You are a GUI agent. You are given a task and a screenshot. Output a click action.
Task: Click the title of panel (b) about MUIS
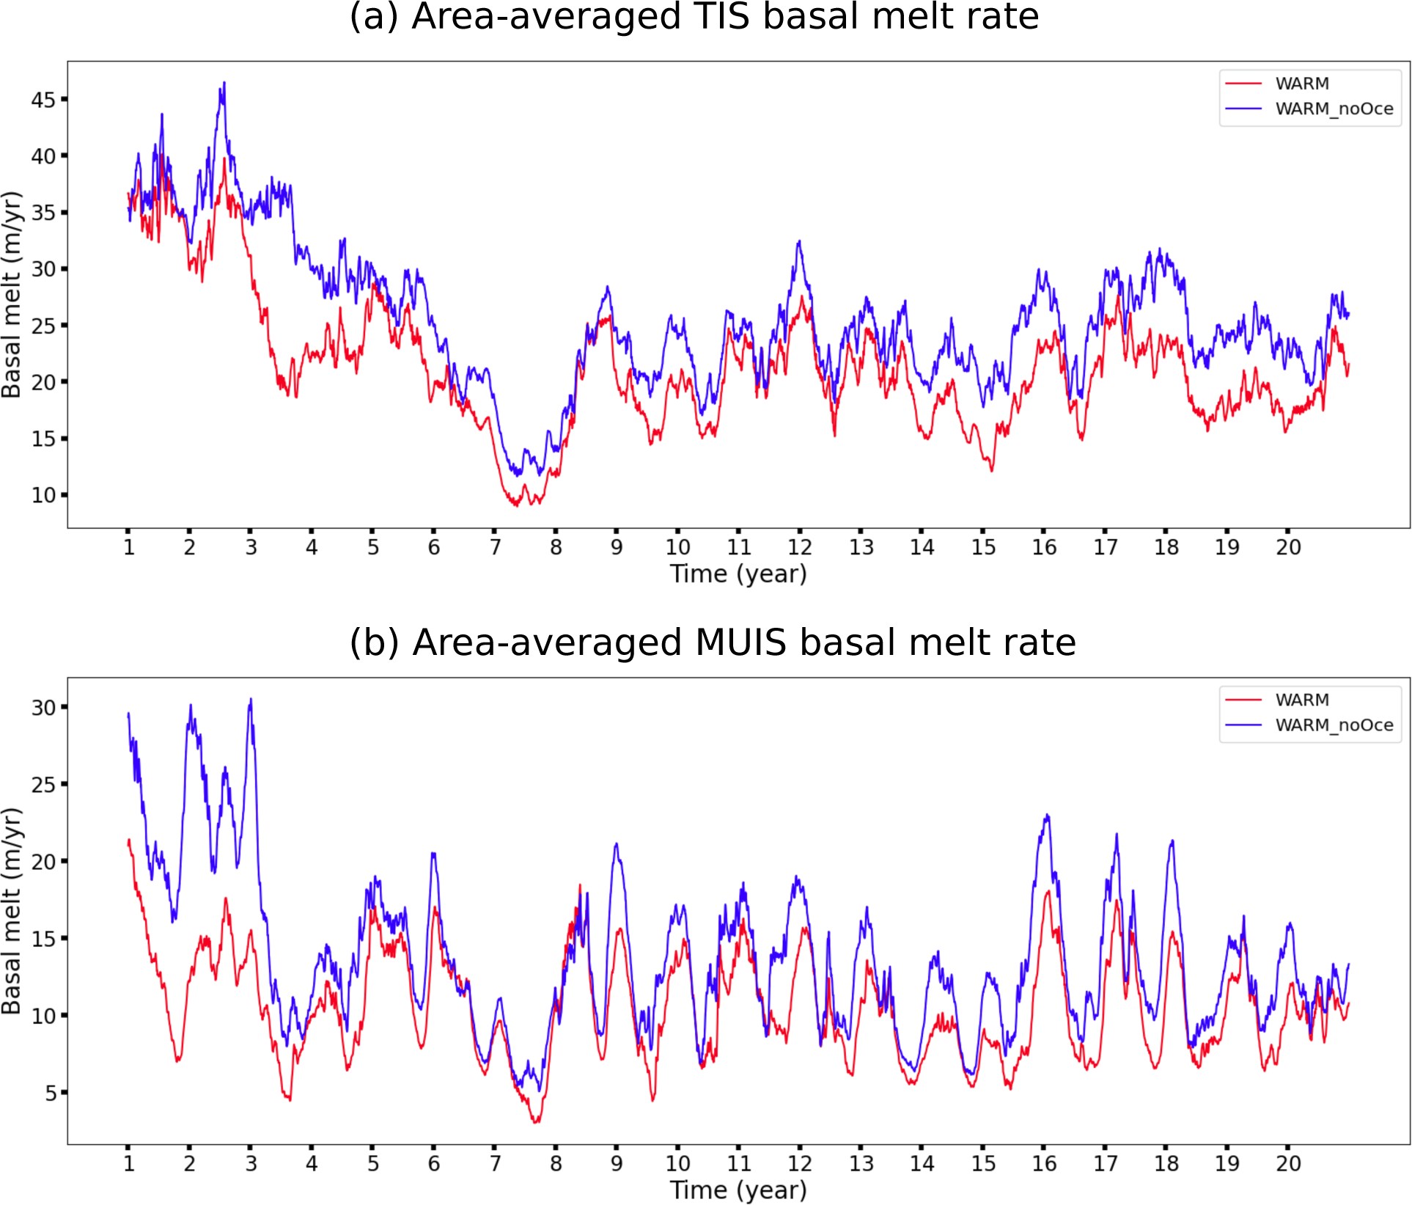(x=712, y=642)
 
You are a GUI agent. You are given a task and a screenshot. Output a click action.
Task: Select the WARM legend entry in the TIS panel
(x=1301, y=84)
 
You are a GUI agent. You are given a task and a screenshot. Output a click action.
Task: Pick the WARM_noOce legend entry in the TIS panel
(x=1334, y=109)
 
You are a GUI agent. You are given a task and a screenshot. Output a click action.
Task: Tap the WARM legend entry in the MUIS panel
(x=1301, y=700)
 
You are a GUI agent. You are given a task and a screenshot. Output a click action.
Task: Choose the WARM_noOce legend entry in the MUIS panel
(x=1334, y=725)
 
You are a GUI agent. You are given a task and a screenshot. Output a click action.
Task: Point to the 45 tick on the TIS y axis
(x=43, y=99)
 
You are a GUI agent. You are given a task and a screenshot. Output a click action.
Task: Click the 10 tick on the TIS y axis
(x=43, y=495)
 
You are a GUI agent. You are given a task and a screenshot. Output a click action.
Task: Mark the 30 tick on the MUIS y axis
(x=43, y=708)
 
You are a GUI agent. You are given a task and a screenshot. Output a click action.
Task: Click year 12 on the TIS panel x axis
(x=800, y=547)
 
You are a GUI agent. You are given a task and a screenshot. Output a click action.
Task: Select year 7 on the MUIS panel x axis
(x=495, y=1163)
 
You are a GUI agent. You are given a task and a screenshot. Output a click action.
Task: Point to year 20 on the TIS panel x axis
(x=1288, y=547)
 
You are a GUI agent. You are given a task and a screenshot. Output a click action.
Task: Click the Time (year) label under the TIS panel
(x=738, y=574)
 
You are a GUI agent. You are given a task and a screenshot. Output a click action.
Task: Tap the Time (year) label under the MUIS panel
(x=738, y=1190)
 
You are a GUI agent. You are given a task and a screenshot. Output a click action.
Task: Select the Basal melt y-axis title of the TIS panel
(x=12, y=295)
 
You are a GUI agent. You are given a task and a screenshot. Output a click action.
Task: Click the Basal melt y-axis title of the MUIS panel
(x=12, y=911)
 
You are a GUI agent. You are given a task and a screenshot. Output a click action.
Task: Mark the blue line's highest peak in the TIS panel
(x=224, y=82)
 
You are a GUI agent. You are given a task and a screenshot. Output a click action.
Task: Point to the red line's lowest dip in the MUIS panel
(x=536, y=1122)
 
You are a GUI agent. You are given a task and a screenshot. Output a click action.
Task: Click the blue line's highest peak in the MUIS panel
(x=251, y=699)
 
